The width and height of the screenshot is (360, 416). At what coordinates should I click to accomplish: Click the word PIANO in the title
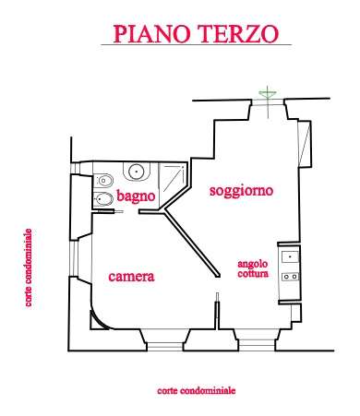(x=151, y=33)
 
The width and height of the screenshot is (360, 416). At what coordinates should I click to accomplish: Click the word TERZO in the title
(x=238, y=33)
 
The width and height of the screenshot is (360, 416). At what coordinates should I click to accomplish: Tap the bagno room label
(x=136, y=196)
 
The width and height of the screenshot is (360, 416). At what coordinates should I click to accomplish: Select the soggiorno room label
(x=241, y=191)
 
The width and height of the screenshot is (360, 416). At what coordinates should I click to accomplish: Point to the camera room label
(x=131, y=277)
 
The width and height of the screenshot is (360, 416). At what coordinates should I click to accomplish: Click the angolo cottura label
(x=253, y=268)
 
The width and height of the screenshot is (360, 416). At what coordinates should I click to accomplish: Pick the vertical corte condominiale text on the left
(x=29, y=267)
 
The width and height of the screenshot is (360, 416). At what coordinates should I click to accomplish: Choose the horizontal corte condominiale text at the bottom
(x=197, y=391)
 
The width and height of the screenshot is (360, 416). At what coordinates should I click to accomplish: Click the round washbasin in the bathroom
(x=136, y=172)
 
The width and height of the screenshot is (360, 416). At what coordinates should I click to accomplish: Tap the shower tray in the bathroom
(x=173, y=182)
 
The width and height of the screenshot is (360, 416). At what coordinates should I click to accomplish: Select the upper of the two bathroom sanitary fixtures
(x=103, y=181)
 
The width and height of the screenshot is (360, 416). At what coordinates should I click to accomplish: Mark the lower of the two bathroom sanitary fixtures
(x=103, y=199)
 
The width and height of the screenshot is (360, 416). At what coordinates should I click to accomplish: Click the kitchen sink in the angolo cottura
(x=290, y=256)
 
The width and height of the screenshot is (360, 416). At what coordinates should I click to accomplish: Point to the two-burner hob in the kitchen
(x=291, y=277)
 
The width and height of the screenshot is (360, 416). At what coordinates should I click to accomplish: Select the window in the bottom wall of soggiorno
(x=257, y=344)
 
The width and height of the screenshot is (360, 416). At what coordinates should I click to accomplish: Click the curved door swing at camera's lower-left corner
(x=99, y=320)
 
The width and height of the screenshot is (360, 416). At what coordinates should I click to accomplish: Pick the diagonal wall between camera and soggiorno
(x=191, y=243)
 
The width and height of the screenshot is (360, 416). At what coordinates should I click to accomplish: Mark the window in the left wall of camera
(x=73, y=258)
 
